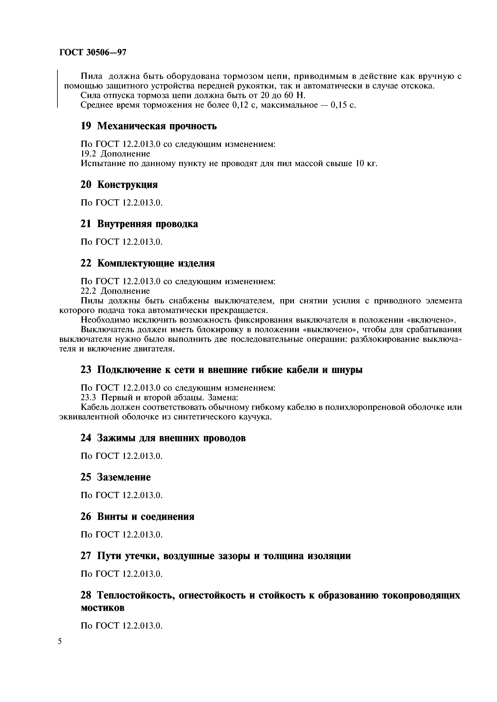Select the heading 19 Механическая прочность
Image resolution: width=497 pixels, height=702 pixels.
click(149, 126)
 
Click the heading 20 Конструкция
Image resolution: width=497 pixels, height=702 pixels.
click(119, 184)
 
